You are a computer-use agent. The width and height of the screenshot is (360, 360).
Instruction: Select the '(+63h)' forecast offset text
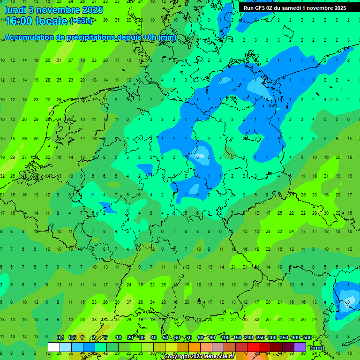coord(81,21)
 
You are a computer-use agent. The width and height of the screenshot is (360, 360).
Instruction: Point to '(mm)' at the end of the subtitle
coord(167,37)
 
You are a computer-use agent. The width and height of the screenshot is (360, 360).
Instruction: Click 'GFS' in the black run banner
coord(265,8)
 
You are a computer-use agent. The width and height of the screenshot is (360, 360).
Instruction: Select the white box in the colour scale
coord(54,347)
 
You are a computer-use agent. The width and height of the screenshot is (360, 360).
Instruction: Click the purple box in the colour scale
coord(300,347)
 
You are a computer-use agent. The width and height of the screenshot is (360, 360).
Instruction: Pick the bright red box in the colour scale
coord(253,347)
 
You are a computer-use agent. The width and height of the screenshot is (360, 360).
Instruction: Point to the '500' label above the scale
coord(307,337)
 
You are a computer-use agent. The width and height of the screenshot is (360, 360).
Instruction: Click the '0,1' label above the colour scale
coord(60,337)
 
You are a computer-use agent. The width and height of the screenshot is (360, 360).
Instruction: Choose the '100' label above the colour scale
coord(225,337)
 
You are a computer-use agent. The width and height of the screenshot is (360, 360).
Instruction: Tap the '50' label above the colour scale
coord(165,337)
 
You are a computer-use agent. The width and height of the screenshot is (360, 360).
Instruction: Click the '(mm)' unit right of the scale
coord(317,348)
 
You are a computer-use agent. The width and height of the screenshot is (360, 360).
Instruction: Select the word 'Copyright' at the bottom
coord(177,357)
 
